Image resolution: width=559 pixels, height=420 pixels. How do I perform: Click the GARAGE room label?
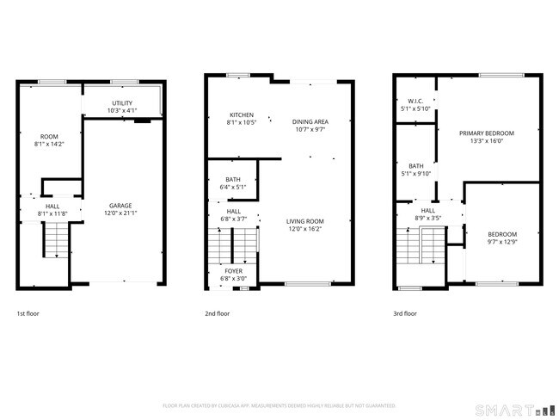(120, 206)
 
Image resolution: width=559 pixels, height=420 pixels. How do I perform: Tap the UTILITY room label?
(122, 102)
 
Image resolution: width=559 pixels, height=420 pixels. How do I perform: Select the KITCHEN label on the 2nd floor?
(241, 115)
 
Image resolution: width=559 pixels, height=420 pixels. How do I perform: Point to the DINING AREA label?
(310, 122)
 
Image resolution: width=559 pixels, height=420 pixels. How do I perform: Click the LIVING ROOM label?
(307, 221)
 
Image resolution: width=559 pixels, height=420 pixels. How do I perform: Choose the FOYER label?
(234, 271)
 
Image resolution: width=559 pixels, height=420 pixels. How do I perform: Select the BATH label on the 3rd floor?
(416, 166)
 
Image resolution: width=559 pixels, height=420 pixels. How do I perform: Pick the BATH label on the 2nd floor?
(234, 179)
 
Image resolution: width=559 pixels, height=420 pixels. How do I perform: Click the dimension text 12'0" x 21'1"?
(120, 213)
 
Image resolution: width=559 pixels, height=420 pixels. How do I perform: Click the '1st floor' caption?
(28, 313)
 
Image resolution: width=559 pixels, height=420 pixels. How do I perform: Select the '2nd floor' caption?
(217, 313)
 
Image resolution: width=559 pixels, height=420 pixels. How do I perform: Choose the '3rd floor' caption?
(404, 313)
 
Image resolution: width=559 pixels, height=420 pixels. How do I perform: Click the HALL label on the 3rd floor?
(427, 210)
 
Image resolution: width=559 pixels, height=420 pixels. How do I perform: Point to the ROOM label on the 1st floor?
(49, 137)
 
